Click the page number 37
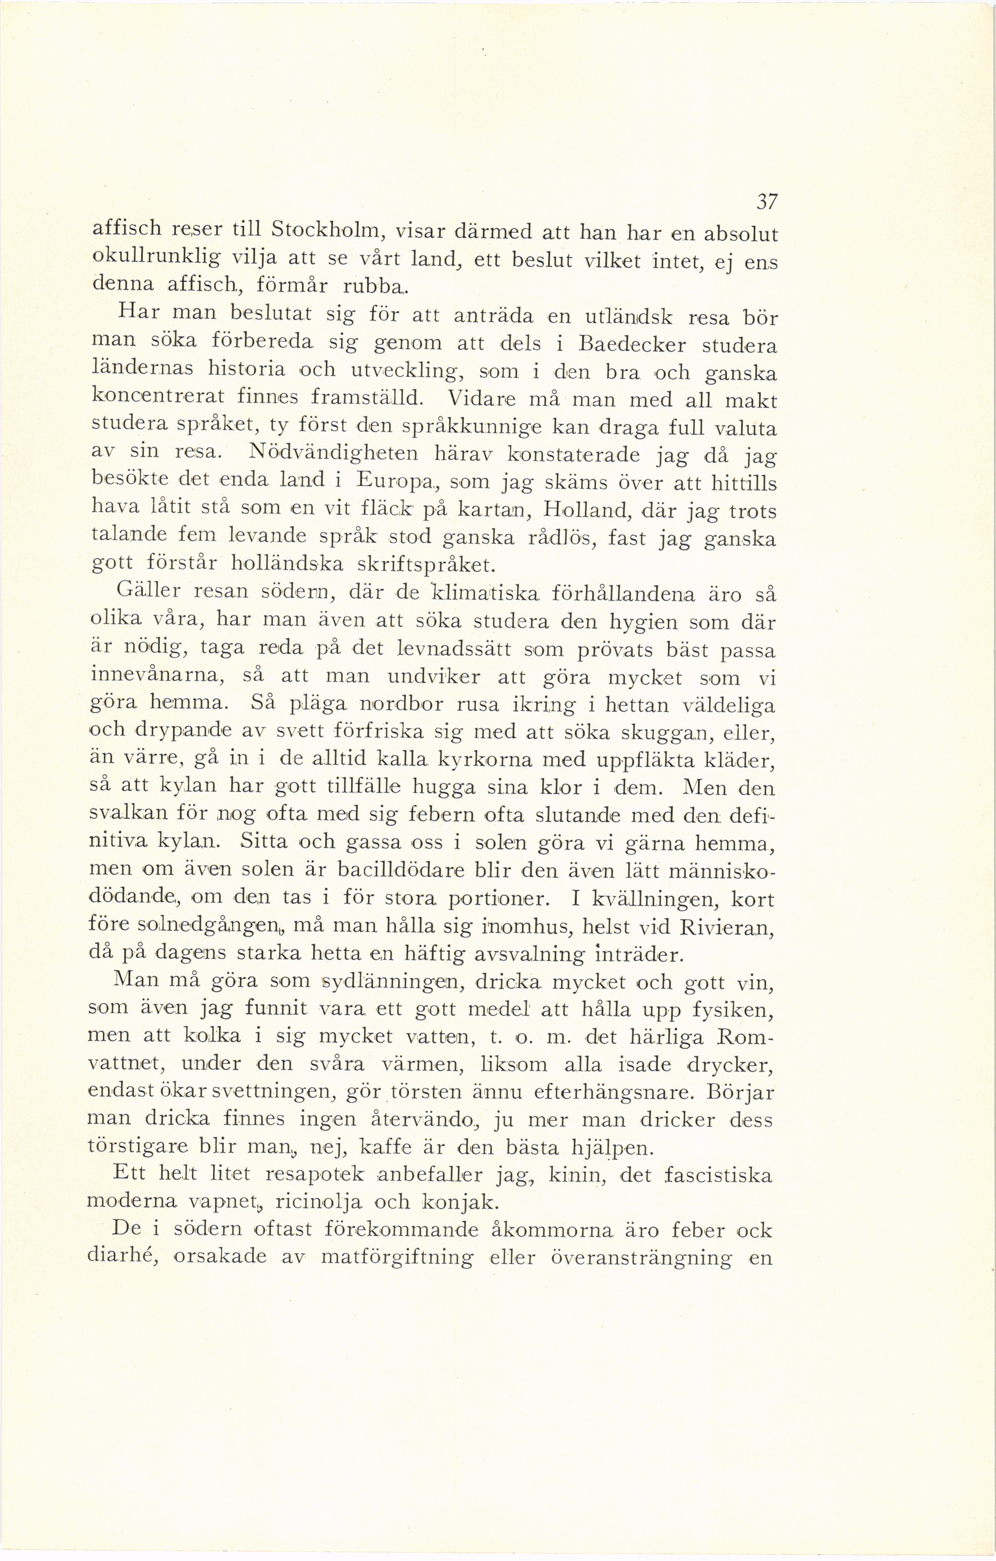[x=767, y=202]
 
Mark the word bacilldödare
[x=403, y=871]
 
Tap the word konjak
[x=458, y=1203]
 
